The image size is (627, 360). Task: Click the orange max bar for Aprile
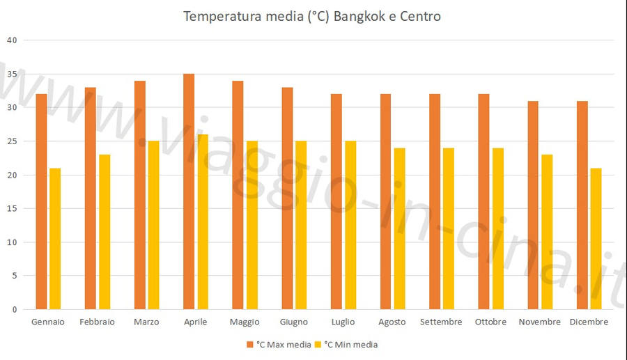coord(189,191)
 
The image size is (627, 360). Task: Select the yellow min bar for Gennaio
coord(55,239)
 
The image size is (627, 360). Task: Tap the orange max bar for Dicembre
coord(582,205)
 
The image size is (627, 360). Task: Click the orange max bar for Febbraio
coord(91,198)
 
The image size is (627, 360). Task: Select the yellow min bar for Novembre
coord(547,232)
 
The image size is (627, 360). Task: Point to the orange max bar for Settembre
coord(435,202)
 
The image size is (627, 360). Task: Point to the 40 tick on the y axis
coord(11,40)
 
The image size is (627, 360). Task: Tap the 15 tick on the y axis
coord(11,209)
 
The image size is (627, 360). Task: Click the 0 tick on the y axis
coord(14,310)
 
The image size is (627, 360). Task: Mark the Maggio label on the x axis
coord(245,322)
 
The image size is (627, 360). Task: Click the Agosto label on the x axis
coord(392,322)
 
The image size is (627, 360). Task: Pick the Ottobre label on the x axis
coord(490,322)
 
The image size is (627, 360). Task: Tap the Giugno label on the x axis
coord(294,322)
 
